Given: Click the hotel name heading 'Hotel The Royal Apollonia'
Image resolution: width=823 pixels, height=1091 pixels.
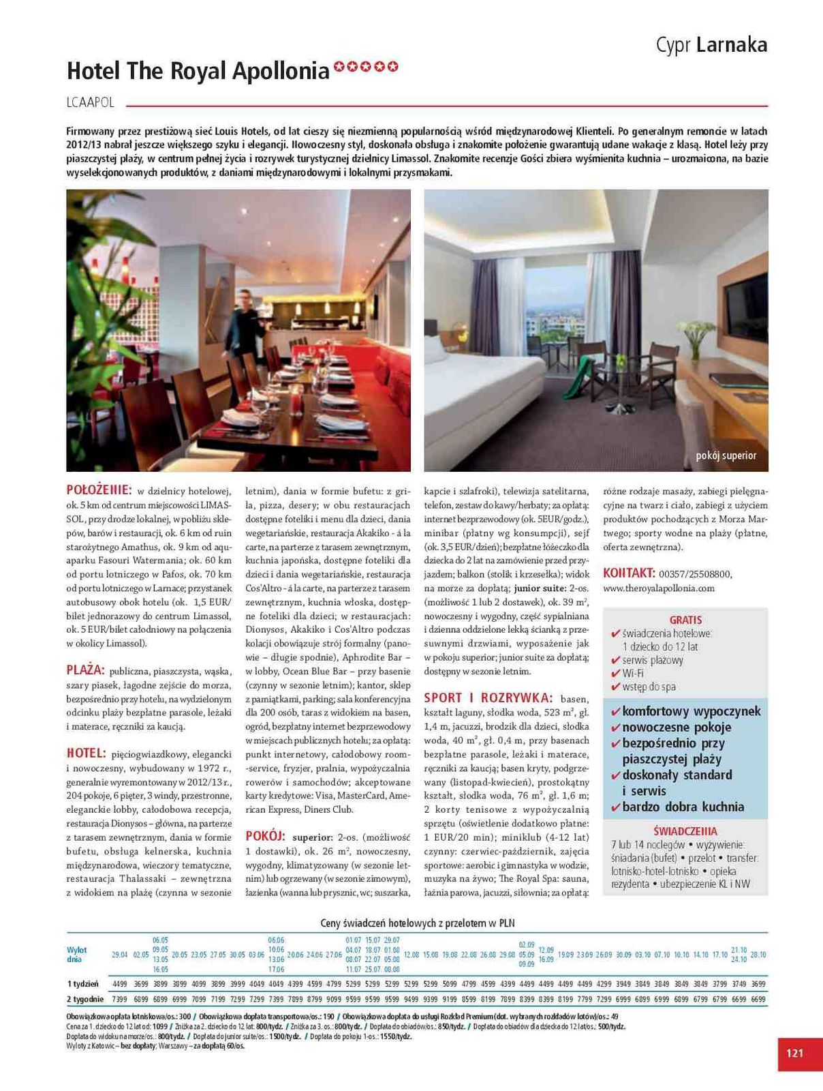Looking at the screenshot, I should pos(198,71).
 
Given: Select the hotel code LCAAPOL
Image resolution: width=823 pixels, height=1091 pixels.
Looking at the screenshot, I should pos(91,104).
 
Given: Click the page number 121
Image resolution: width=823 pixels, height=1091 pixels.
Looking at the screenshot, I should pos(794,1053).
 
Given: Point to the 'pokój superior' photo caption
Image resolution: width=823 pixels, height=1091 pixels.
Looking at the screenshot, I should pos(726,455).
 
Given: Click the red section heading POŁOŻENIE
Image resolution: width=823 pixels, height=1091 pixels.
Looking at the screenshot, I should pos(98,490).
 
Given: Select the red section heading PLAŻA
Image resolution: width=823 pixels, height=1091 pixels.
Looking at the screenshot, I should pos(85,670).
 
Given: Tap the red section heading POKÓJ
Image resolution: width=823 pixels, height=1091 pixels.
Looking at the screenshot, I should pos(265,837).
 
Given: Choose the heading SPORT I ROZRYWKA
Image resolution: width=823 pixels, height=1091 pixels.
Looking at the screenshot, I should pos(488,698).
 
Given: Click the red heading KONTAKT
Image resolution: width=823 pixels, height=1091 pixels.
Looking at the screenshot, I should pos(629,573).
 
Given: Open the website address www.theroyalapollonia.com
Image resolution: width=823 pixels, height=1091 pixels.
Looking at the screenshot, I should pos(658,588).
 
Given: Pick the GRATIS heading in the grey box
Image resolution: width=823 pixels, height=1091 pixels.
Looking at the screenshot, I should pos(685,620).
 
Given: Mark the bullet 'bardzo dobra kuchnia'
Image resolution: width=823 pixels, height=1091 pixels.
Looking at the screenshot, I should pos(683,807).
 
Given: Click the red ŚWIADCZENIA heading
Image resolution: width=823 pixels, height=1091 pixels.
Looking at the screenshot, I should pos(685,831).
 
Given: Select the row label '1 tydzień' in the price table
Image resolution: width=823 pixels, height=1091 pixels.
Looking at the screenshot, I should pos(82,984).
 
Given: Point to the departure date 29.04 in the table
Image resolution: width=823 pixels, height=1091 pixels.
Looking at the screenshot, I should pos(119,955).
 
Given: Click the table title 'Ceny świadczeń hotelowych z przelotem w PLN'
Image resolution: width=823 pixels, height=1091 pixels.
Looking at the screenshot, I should pos(417,923).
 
